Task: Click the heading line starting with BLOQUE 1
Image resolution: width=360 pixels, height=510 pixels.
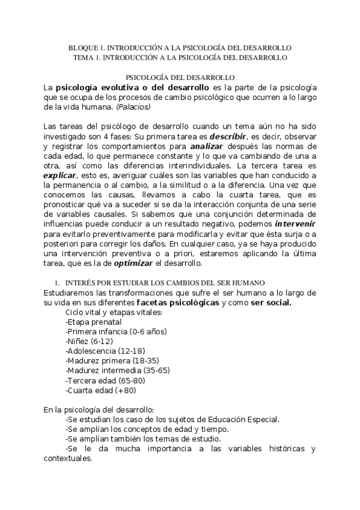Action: tap(180, 47)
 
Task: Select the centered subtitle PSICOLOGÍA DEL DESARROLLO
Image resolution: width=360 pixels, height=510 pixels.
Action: tap(180, 77)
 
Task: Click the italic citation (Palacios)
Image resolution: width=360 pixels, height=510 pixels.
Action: tap(133, 107)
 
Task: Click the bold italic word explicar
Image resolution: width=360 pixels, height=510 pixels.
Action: tap(59, 176)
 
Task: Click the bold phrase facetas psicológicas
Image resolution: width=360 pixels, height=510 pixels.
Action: tap(177, 303)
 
